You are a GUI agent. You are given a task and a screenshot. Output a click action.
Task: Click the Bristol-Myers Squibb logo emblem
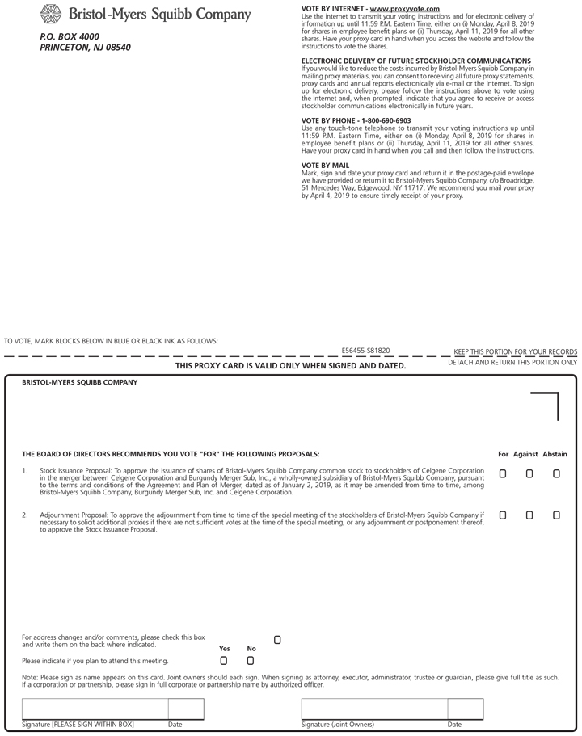pyautogui.click(x=51, y=14)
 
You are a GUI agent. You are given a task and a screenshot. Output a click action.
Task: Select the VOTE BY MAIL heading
pyautogui.click(x=325, y=165)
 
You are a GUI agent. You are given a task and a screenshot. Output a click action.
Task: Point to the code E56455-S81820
pyautogui.click(x=365, y=351)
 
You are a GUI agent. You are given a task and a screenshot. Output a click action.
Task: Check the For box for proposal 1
pyautogui.click(x=503, y=474)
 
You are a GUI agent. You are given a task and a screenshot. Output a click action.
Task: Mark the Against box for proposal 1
pyautogui.click(x=529, y=474)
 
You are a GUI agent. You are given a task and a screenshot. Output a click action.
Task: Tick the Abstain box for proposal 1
pyautogui.click(x=556, y=474)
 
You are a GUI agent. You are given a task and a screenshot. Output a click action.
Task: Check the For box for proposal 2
pyautogui.click(x=503, y=515)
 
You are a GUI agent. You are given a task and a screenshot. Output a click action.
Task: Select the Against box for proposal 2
pyautogui.click(x=529, y=515)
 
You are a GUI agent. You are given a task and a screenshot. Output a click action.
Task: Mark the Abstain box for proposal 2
pyautogui.click(x=556, y=515)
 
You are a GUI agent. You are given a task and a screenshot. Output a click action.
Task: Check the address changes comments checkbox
pyautogui.click(x=277, y=640)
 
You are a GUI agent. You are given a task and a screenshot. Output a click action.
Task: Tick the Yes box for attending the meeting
pyautogui.click(x=224, y=660)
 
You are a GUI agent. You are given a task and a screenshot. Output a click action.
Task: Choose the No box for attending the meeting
pyautogui.click(x=251, y=660)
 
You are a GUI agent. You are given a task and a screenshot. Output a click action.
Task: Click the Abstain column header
pyautogui.click(x=555, y=454)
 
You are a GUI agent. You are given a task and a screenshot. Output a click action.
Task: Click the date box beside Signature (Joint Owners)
pyautogui.click(x=465, y=709)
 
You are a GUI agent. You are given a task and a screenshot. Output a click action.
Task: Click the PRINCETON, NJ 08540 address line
pyautogui.click(x=85, y=48)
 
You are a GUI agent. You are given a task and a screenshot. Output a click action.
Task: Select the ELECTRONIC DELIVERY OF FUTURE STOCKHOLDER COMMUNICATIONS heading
pyautogui.click(x=415, y=61)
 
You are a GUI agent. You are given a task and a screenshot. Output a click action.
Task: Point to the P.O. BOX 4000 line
pyautogui.click(x=70, y=36)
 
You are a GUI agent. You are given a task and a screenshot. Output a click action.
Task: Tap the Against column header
pyautogui.click(x=526, y=454)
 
